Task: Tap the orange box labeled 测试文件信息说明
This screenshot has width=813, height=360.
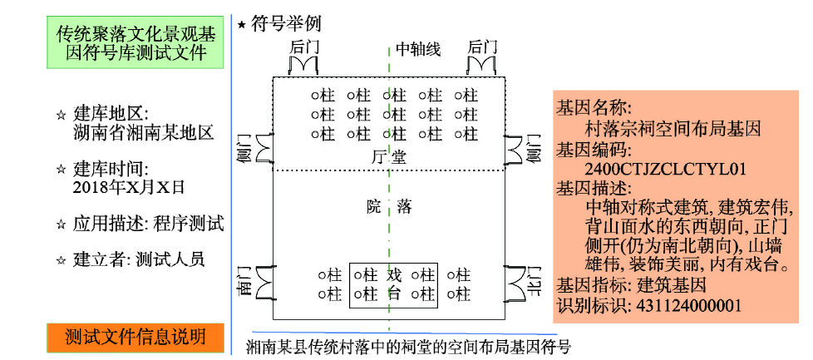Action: (135, 336)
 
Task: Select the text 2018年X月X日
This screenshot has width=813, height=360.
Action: (128, 185)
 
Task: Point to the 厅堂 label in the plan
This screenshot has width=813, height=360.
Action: (389, 156)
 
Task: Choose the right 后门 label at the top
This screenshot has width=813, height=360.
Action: (482, 47)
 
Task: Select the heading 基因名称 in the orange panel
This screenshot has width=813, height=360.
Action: (594, 109)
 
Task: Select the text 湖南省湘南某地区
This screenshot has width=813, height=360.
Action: (143, 131)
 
